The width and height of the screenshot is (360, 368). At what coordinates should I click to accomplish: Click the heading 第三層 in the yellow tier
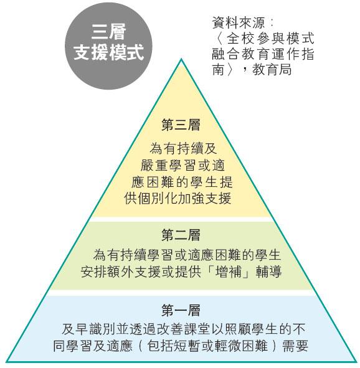(181, 125)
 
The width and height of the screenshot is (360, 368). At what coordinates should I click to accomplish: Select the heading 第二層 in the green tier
(181, 235)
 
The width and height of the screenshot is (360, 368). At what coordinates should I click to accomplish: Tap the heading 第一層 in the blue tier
(181, 310)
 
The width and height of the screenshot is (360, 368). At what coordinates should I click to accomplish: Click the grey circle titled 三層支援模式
(108, 46)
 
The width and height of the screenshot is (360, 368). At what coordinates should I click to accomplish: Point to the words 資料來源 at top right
(239, 23)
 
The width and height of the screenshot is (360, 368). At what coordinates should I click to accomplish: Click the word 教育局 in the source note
(272, 70)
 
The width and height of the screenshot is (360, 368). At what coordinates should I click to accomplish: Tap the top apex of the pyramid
(181, 59)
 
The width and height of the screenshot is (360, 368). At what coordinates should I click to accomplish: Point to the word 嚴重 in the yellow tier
(154, 166)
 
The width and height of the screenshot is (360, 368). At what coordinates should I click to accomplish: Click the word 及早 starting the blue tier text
(75, 329)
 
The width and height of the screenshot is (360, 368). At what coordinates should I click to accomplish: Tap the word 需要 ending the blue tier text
(295, 346)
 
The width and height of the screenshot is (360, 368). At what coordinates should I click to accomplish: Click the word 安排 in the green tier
(94, 272)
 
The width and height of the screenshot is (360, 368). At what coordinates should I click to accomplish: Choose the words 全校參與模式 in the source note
(270, 38)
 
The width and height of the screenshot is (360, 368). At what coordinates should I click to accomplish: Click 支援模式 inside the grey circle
(108, 52)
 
